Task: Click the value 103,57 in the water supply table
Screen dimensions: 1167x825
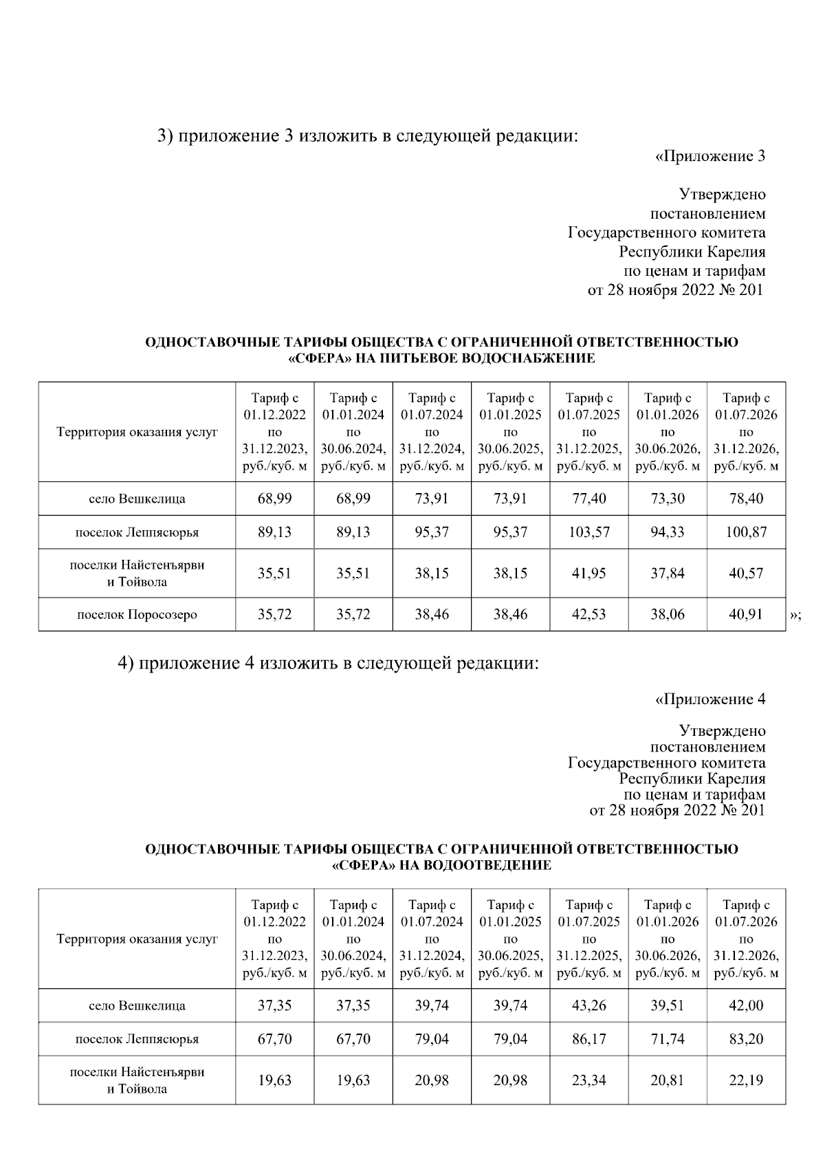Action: click(588, 532)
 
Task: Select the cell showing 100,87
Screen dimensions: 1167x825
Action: click(746, 532)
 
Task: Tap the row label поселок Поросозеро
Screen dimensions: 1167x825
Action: click(137, 615)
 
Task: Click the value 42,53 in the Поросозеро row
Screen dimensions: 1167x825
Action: click(588, 614)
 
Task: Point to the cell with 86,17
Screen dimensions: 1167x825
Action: click(588, 1039)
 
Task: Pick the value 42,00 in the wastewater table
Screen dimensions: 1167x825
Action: click(746, 1005)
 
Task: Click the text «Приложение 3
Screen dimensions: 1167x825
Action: click(710, 156)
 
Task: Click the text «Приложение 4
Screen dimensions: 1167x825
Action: click(710, 699)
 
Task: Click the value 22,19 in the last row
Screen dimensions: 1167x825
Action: click(746, 1080)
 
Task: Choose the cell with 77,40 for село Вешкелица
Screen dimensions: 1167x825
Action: click(588, 499)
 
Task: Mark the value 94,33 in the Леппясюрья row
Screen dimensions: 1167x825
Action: click(668, 532)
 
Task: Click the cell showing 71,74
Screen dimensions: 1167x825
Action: click(668, 1039)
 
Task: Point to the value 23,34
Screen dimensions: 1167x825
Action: click(588, 1080)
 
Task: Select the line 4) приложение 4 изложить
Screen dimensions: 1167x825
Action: click(327, 664)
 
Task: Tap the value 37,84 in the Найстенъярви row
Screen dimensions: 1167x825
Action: click(668, 574)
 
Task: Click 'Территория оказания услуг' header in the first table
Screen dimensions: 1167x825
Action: click(137, 433)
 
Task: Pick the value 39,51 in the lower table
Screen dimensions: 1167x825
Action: click(668, 1005)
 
